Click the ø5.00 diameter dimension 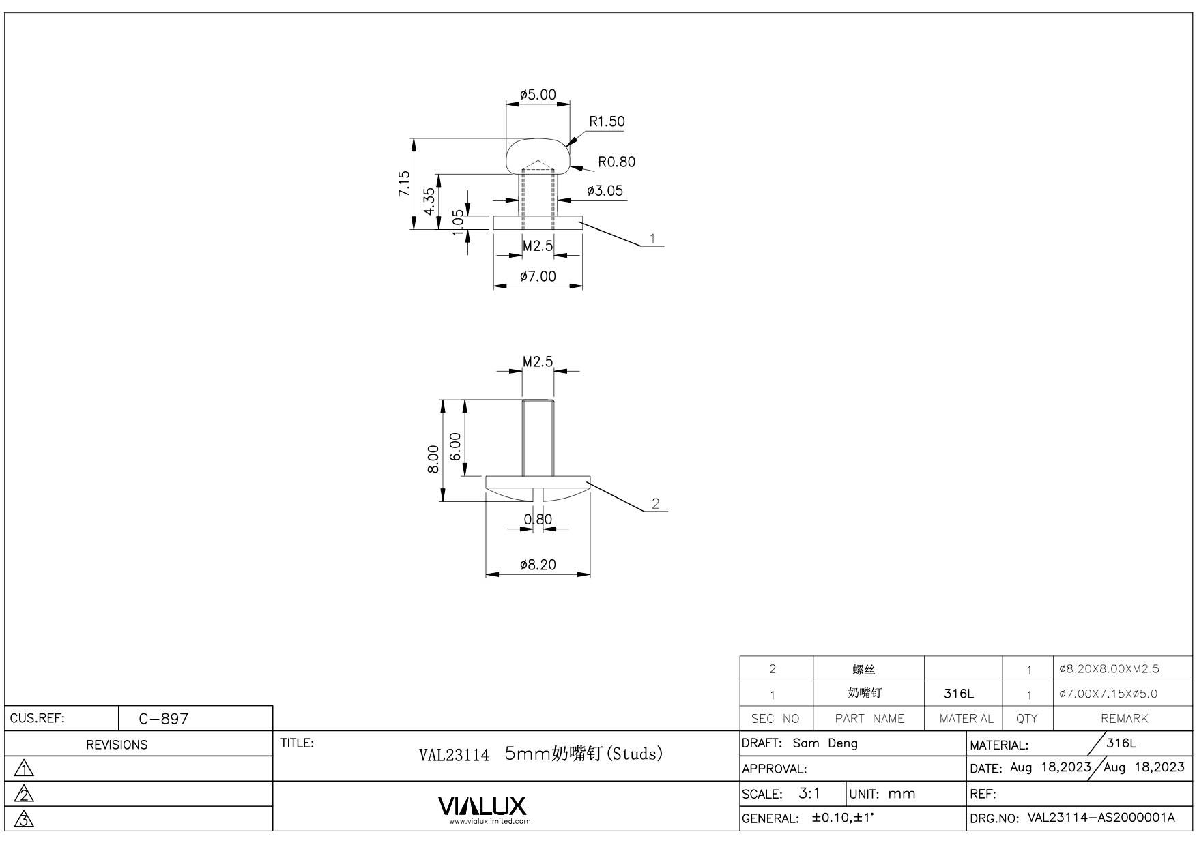click(538, 95)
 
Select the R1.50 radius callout click(607, 121)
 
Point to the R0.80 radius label click(616, 162)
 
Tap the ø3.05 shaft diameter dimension click(605, 191)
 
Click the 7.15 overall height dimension click(405, 184)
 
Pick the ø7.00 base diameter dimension click(538, 276)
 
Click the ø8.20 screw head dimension click(538, 565)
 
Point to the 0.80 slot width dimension click(538, 520)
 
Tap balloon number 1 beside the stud click(653, 239)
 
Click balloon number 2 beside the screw click(656, 504)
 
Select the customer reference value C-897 click(164, 719)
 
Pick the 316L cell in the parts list click(959, 694)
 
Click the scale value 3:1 click(809, 794)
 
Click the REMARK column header click(1124, 718)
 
